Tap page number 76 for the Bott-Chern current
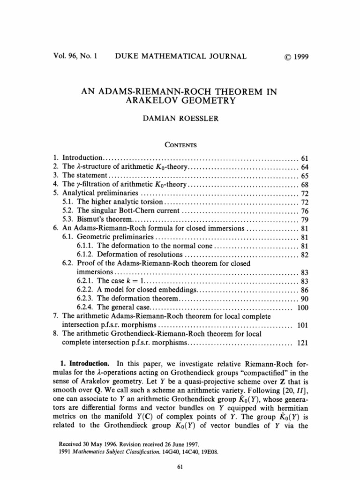[x=303, y=211]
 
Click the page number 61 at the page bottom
[x=180, y=466]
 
